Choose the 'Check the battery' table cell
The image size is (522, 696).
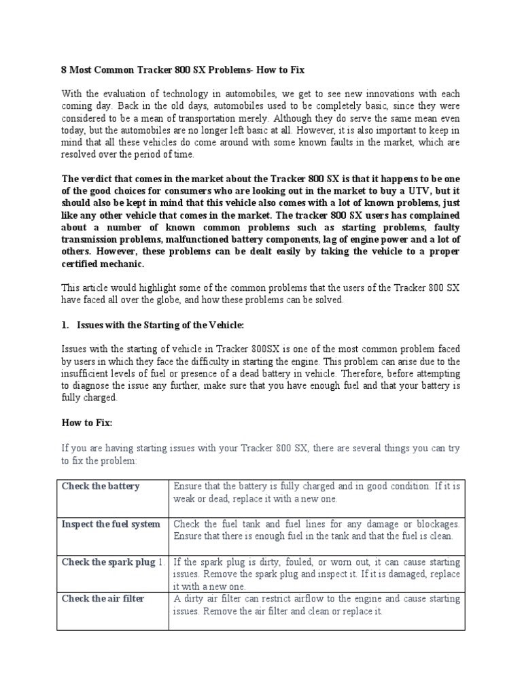point(101,486)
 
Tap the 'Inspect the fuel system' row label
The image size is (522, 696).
point(111,524)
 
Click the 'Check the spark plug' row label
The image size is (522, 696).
point(109,562)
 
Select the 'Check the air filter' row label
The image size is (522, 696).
point(103,599)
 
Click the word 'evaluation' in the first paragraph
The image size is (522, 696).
point(133,94)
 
